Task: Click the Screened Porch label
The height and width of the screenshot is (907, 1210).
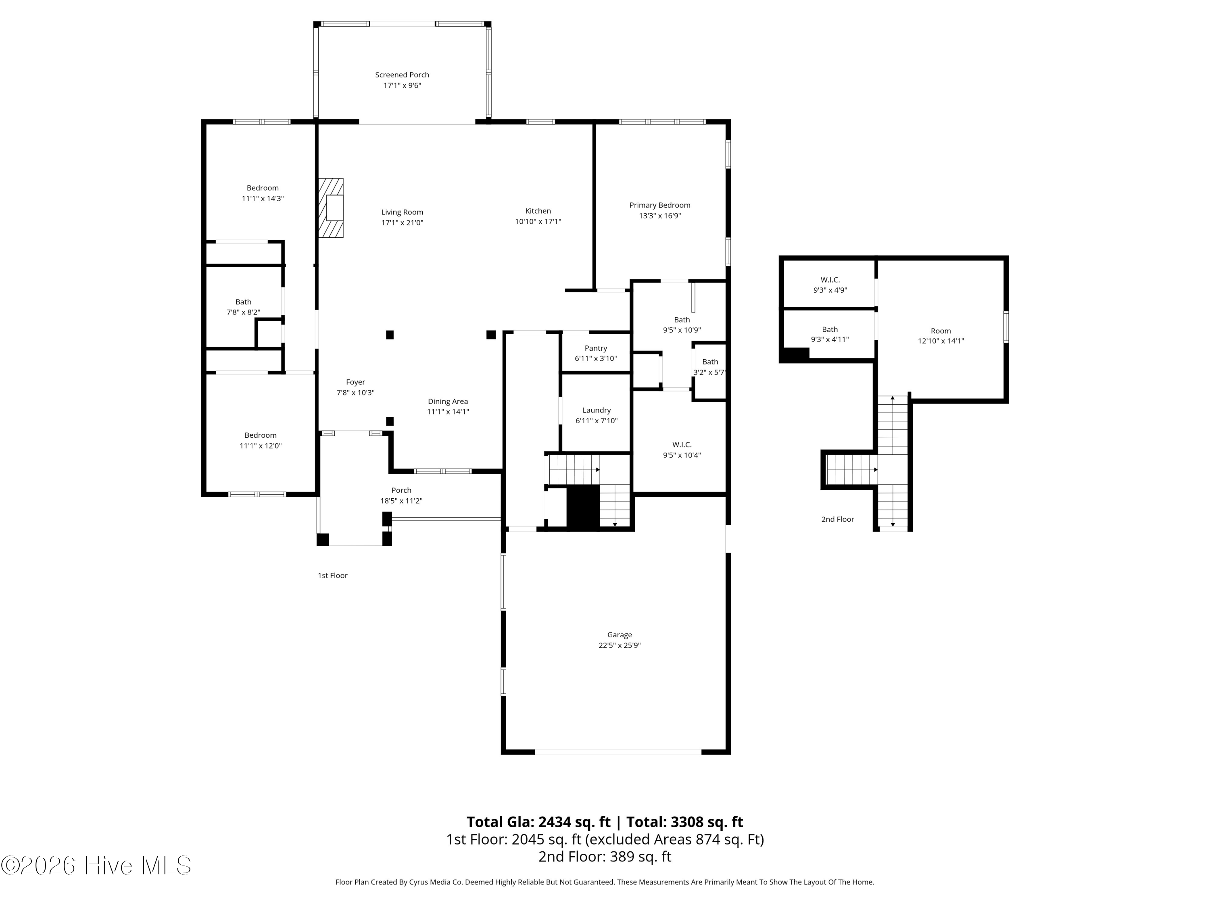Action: click(x=402, y=75)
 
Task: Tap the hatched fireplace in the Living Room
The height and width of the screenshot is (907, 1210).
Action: click(x=331, y=208)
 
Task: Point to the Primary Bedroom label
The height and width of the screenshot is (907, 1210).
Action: click(x=660, y=205)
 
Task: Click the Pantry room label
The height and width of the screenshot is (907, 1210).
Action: click(x=596, y=348)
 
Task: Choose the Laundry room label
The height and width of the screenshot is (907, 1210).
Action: click(x=596, y=410)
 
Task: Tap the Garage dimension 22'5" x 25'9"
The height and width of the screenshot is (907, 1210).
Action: click(x=619, y=645)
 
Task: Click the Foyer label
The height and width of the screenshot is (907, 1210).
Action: click(x=356, y=382)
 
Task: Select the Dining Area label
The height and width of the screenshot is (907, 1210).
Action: click(x=448, y=401)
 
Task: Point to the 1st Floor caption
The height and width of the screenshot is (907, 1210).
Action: click(x=333, y=575)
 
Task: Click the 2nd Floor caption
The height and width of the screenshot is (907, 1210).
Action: click(x=837, y=519)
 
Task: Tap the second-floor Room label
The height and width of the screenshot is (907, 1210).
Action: click(x=941, y=331)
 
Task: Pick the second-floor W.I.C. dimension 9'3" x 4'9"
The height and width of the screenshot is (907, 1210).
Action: click(x=830, y=290)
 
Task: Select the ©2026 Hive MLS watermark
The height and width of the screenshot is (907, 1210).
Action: click(x=96, y=865)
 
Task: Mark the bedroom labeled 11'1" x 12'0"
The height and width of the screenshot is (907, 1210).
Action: click(x=261, y=441)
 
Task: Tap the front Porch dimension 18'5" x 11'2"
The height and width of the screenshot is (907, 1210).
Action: click(x=401, y=501)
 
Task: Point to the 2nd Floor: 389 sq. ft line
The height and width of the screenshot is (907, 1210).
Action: click(x=605, y=857)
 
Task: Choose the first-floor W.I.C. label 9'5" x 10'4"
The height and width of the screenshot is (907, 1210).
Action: click(x=682, y=450)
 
